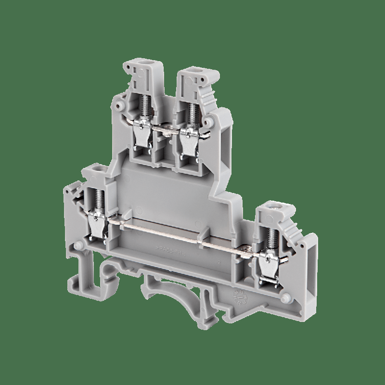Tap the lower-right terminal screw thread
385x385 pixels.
(266, 233)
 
